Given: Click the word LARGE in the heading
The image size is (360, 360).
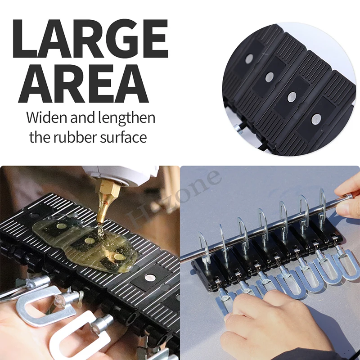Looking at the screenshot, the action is [90, 39].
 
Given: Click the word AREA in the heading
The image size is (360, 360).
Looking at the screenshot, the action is [83, 83].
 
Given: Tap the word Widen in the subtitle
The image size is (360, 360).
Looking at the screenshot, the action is [47, 117].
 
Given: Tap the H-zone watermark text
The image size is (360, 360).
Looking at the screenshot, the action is [173, 200].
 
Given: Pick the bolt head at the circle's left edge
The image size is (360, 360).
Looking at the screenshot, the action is [239, 129].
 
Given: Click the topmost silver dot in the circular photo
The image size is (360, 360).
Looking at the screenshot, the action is [249, 59].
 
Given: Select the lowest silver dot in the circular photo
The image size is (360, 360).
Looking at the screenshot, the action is [316, 119].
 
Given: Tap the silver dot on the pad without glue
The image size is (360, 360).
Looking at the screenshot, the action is [150, 278].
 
